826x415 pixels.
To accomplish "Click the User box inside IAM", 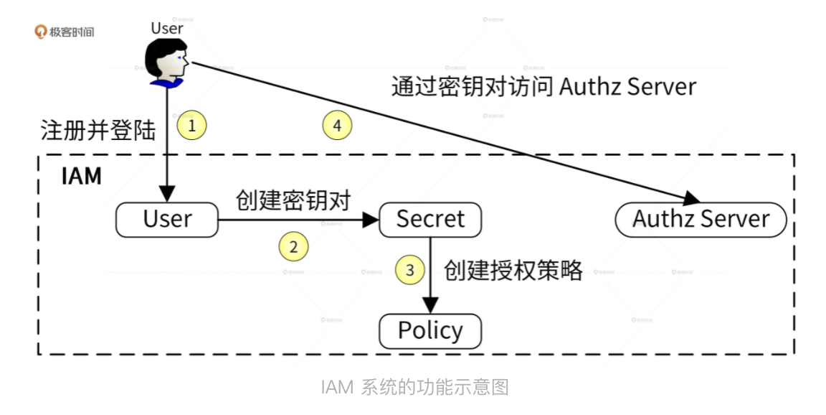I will pyautogui.click(x=166, y=220).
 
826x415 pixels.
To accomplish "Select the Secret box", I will pyautogui.click(x=430, y=220).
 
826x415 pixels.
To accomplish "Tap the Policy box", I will pyautogui.click(x=430, y=331).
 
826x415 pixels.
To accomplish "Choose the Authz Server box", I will pyautogui.click(x=701, y=220).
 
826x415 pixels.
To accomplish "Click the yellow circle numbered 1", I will pyautogui.click(x=191, y=126).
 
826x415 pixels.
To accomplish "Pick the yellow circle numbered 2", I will pyautogui.click(x=293, y=247).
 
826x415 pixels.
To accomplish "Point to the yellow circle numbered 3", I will pyautogui.click(x=410, y=270).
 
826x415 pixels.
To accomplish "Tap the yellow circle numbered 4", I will pyautogui.click(x=337, y=126).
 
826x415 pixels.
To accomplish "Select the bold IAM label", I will pyautogui.click(x=81, y=176).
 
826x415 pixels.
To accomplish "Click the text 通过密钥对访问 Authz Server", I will pyautogui.click(x=543, y=87).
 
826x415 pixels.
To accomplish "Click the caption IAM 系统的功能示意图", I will pyautogui.click(x=415, y=388).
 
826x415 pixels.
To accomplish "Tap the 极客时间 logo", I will pyautogui.click(x=65, y=32).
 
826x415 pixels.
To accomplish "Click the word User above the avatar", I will pyautogui.click(x=166, y=28).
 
